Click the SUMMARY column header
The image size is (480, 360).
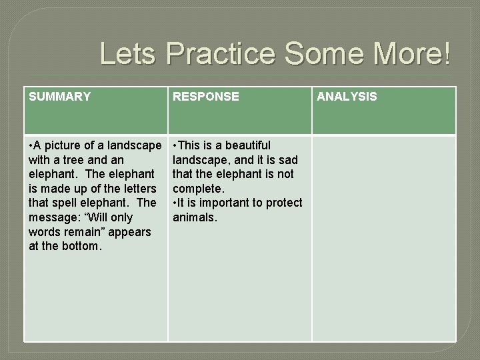click(x=60, y=97)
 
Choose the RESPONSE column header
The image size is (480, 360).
click(x=205, y=97)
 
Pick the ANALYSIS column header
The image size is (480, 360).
click(x=346, y=97)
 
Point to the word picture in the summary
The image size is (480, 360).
click(x=63, y=145)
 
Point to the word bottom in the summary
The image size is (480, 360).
click(x=77, y=247)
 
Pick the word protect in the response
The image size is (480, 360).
click(x=285, y=203)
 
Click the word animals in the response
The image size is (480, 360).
click(x=195, y=218)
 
